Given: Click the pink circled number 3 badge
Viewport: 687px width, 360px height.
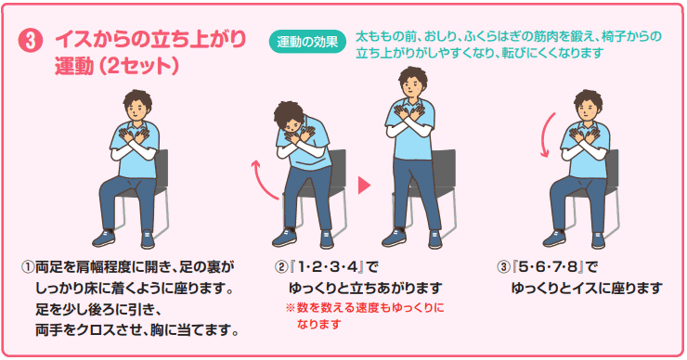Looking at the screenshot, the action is point(31,42).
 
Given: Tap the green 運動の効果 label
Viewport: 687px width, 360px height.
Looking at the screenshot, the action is point(307,42).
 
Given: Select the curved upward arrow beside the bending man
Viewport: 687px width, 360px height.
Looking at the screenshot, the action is point(264,181).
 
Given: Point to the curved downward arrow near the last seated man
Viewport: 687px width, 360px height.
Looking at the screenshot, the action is point(547,135).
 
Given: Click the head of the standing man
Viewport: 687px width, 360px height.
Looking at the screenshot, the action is point(412,83).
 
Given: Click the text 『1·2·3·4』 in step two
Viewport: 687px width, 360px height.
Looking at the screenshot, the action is point(324,266).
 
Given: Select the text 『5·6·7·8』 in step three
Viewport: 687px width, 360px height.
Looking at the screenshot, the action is point(547,266).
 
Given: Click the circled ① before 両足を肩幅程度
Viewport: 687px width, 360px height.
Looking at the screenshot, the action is point(27,266).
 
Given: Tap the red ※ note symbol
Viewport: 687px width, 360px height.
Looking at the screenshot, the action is point(290,308).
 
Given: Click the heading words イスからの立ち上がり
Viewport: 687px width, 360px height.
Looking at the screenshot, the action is point(150,41).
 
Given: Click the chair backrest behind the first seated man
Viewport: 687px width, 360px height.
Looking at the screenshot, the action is point(161,165).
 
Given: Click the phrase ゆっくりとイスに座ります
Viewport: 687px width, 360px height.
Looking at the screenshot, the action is point(587,289).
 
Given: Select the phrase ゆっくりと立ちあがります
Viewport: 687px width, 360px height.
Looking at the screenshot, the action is point(365,289).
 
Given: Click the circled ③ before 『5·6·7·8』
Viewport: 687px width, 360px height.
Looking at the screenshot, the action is point(503,266).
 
